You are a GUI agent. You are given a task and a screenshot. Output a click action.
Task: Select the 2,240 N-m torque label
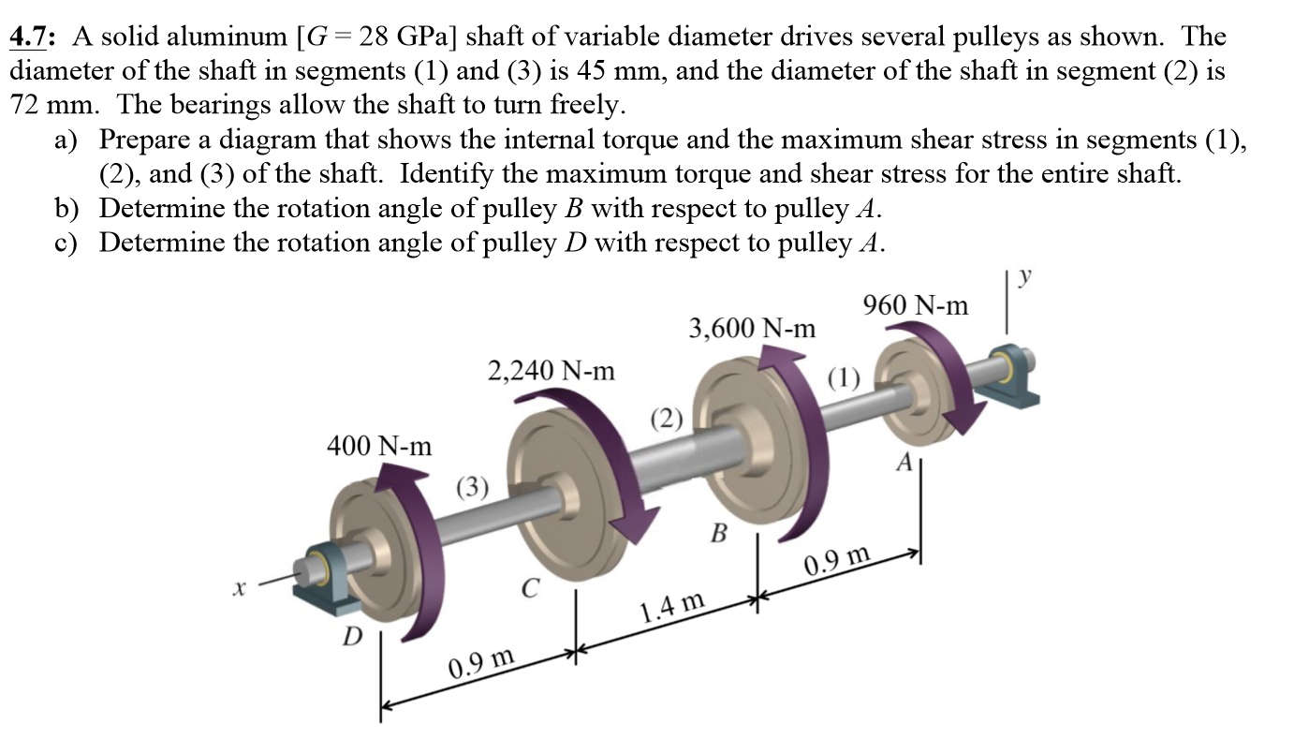point(551,371)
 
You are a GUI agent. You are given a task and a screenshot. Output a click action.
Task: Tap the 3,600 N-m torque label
point(752,329)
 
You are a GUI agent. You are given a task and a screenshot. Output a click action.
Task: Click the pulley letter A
point(904,462)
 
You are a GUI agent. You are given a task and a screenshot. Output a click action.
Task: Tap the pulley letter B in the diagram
point(718,535)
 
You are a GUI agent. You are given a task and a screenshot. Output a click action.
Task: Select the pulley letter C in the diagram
point(529,588)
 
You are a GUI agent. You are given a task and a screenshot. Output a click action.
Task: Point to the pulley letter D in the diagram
point(352,638)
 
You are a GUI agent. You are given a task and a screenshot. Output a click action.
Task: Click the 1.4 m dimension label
point(671,610)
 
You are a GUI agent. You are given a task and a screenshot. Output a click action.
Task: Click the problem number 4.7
point(34,37)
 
